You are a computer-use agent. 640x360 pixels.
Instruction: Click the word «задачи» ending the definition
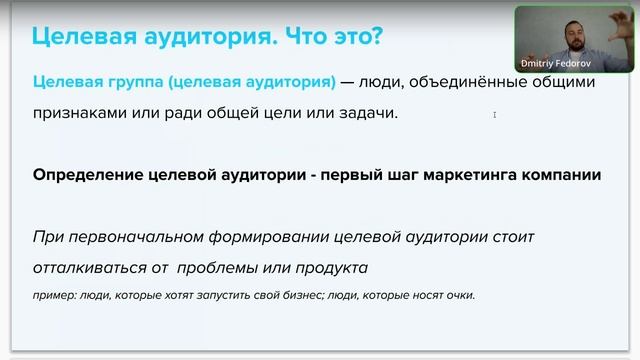[367, 113]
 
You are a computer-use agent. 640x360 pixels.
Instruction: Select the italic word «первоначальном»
[140, 237]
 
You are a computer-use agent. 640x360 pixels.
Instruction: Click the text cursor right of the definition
[494, 115]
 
